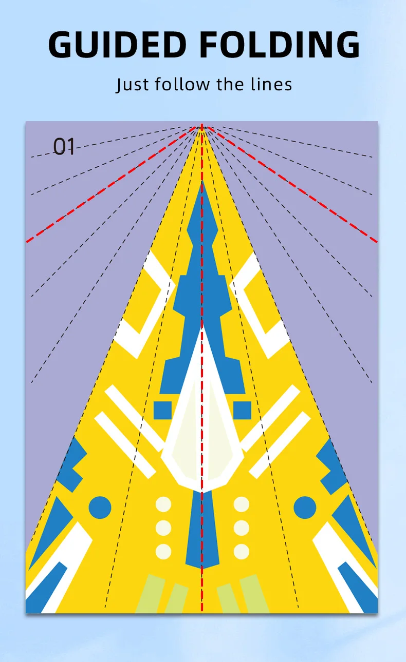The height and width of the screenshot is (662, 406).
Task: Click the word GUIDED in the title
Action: (117, 44)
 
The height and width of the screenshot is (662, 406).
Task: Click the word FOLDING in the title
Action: (280, 44)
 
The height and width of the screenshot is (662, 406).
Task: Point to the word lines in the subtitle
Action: (271, 84)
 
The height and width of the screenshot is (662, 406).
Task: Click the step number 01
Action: (64, 146)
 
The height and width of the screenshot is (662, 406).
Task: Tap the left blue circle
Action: (100, 508)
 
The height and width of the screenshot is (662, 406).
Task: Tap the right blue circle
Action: (305, 508)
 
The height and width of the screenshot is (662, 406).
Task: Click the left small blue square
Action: (163, 410)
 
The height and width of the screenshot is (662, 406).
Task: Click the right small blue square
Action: (242, 410)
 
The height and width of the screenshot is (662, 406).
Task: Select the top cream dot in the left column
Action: (163, 504)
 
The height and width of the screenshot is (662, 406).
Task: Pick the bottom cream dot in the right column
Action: (242, 552)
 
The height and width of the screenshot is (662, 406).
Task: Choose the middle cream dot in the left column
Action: (163, 528)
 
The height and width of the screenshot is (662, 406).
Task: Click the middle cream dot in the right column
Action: (242, 528)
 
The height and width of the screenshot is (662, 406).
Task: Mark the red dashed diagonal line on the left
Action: (111, 184)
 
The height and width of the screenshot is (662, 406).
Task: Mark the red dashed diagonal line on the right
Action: (292, 184)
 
